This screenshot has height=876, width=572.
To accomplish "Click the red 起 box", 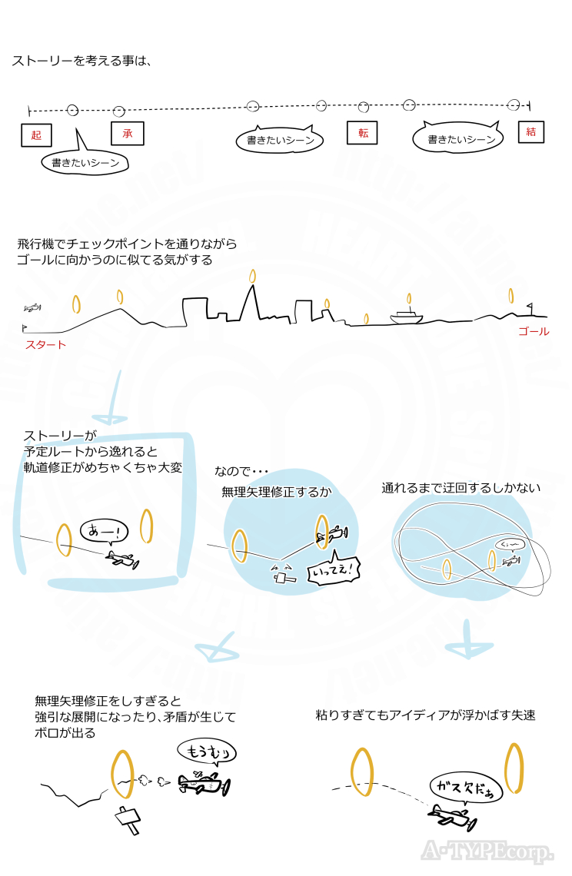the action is (36, 136).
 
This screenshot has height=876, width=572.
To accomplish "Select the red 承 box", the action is (127, 133).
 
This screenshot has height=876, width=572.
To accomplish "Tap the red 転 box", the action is (363, 133).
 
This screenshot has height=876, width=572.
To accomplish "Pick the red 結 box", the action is (530, 131).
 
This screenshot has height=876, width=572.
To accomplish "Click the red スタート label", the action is (45, 344).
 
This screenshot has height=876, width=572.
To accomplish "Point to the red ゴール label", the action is (534, 331).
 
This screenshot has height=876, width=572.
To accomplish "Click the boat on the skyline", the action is (407, 315).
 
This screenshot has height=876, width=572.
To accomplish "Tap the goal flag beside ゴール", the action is (530, 310).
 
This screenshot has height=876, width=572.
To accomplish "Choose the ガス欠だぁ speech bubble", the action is (464, 785).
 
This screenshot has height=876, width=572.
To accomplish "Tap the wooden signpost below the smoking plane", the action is (128, 820).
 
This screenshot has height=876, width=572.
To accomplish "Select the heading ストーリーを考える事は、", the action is (81, 61).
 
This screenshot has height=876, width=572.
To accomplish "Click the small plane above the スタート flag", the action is (32, 308).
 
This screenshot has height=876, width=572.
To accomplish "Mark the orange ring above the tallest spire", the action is (251, 274).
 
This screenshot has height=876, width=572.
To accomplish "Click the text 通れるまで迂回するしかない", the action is (461, 487).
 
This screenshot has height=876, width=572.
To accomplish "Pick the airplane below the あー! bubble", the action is (121, 559).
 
